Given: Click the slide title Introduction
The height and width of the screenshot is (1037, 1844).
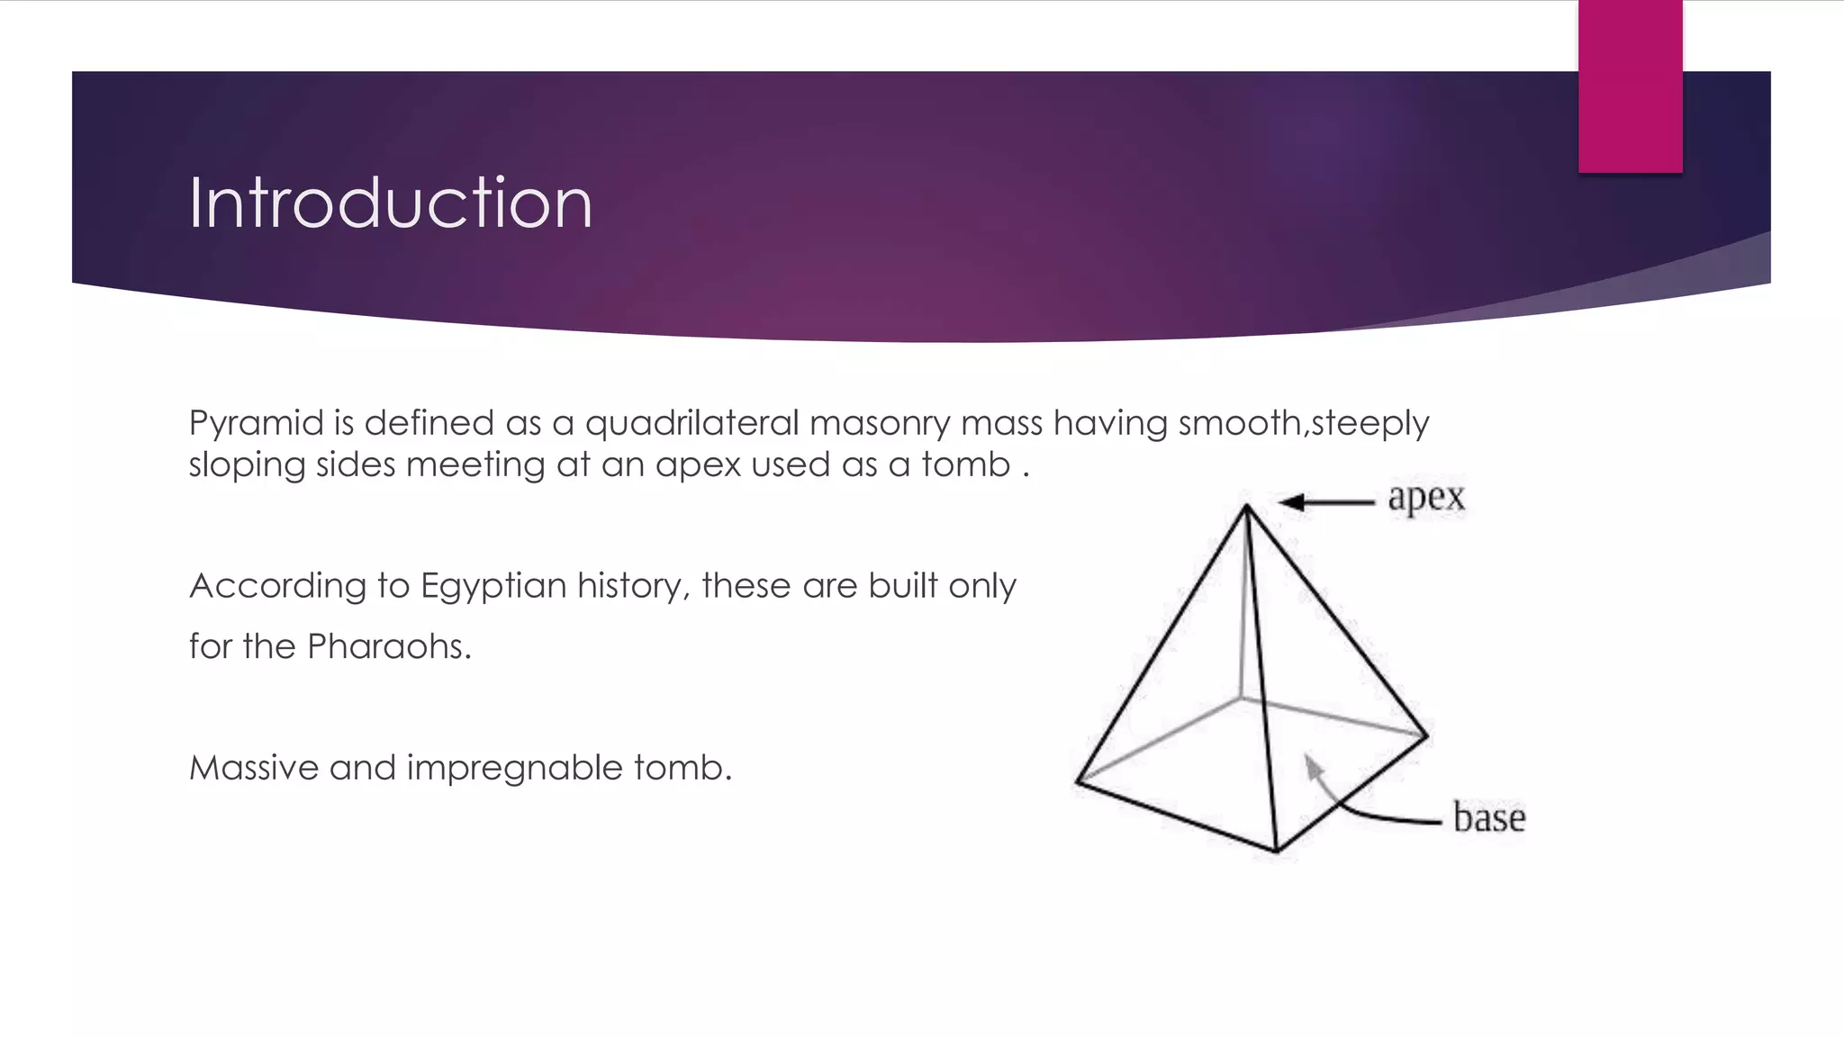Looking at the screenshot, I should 390,203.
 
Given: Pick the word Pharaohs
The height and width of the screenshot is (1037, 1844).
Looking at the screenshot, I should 389,646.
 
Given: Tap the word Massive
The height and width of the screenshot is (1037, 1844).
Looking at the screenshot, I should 254,768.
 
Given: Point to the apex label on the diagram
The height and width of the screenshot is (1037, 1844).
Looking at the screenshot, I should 1426,498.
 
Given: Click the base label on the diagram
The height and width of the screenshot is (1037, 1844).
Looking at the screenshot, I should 1489,817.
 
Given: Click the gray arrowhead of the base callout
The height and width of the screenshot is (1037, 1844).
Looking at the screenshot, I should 1314,767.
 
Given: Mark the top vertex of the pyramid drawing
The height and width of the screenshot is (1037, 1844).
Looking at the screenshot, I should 1246,507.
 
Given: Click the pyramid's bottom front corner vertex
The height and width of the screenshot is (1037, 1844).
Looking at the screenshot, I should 1276,850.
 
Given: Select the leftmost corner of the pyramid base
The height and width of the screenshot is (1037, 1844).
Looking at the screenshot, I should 1078,782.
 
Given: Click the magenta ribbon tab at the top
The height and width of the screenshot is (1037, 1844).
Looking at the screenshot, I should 1630,86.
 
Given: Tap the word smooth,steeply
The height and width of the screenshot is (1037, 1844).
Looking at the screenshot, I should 1303,424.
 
